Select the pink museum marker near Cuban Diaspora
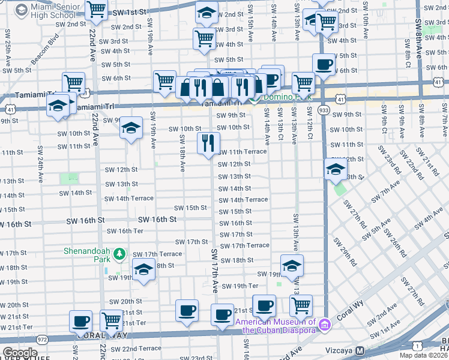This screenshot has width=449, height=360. pos(325,325)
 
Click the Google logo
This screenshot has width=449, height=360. pos(20,353)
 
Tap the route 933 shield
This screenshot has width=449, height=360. pos(324,110)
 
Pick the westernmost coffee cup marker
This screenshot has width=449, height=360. pos(80,320)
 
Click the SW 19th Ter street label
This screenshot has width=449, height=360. pos(240,286)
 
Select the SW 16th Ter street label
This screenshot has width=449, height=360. pos(125,231)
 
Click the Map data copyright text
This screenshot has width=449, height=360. pos(424,355)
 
